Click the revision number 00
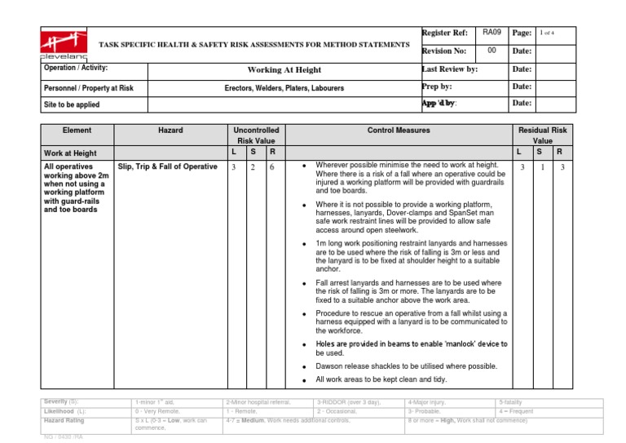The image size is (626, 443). point(491,51)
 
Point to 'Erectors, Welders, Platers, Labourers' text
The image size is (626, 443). point(284,87)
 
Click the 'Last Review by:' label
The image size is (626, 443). point(449,69)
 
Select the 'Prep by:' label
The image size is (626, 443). point(437,86)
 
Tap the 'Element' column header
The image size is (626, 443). point(77,130)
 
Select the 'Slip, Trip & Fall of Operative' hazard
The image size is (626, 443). point(167,166)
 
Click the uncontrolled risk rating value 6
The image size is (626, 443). point(271,166)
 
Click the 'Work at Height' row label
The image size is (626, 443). point(73,152)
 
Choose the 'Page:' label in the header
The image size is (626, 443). point(522,33)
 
